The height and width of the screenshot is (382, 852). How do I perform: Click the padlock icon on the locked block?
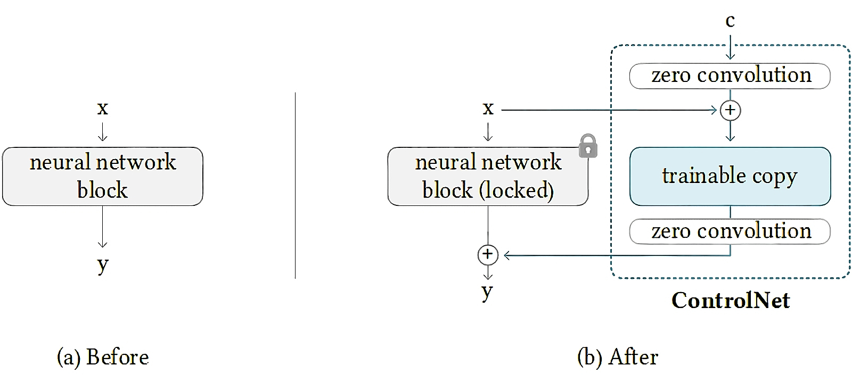(587, 146)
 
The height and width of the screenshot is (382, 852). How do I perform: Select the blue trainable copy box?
(730, 177)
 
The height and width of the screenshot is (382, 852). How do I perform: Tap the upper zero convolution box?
(730, 76)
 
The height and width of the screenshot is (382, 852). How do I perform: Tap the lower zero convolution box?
(730, 231)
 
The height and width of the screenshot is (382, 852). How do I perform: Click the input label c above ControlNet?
(730, 21)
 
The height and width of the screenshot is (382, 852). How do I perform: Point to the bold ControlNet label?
(731, 301)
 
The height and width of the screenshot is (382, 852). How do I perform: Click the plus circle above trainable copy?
(730, 110)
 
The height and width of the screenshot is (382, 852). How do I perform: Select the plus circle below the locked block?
(487, 254)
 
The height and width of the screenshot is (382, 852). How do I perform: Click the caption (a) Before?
(103, 357)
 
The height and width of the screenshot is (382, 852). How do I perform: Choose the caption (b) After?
(618, 357)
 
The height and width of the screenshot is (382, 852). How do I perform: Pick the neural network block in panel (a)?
(103, 177)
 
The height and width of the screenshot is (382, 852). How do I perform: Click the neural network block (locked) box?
(488, 177)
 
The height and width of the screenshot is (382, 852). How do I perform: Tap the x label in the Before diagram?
(103, 109)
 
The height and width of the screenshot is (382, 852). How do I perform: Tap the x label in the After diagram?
(488, 109)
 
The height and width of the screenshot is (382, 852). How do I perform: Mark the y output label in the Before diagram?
(103, 264)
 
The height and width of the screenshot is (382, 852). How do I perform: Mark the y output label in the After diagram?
(487, 291)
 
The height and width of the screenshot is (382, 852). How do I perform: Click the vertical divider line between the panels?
(295, 186)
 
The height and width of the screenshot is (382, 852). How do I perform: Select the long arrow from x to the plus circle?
(607, 110)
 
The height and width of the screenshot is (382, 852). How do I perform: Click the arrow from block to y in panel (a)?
(103, 226)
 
